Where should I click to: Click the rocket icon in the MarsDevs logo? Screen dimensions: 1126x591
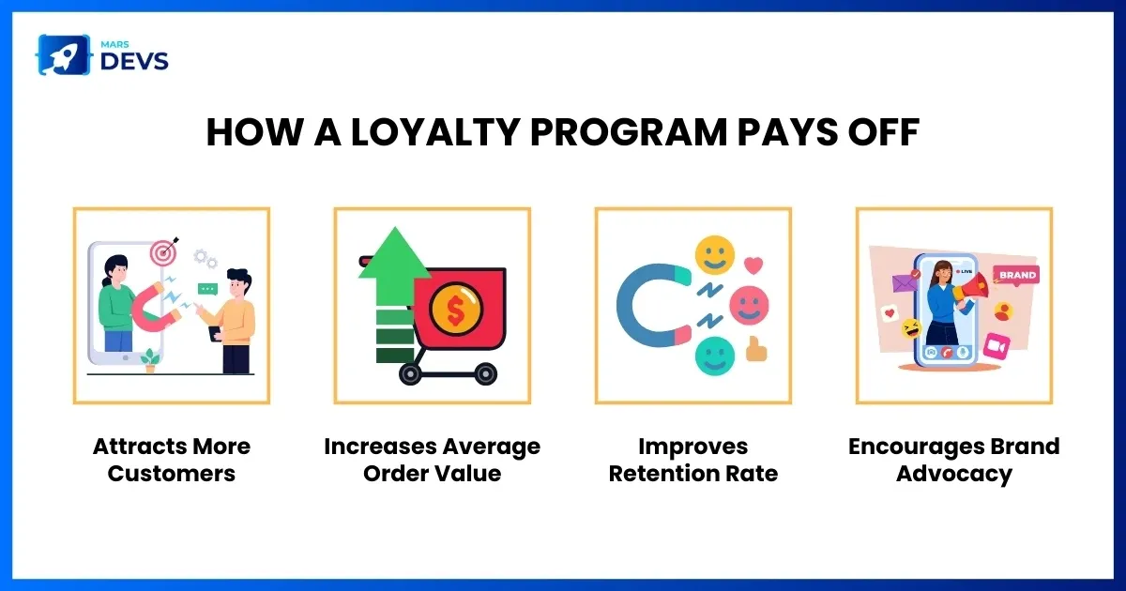pyautogui.click(x=64, y=54)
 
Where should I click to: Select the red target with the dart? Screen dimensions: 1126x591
pyautogui.click(x=164, y=251)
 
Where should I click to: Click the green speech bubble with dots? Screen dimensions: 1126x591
pyautogui.click(x=207, y=290)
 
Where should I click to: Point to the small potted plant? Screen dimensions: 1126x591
pyautogui.click(x=150, y=361)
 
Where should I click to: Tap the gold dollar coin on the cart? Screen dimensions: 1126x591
pyautogui.click(x=456, y=309)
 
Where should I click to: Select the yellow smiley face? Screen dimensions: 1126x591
pyautogui.click(x=714, y=255)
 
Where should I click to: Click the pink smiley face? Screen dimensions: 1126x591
pyautogui.click(x=749, y=306)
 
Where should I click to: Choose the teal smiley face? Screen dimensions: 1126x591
pyautogui.click(x=714, y=356)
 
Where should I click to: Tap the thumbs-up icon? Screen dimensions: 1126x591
pyautogui.click(x=756, y=349)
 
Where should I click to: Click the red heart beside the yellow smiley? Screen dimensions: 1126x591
pyautogui.click(x=753, y=265)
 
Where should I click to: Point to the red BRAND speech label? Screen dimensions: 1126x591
pyautogui.click(x=1016, y=276)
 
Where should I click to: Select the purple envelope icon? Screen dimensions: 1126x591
pyautogui.click(x=905, y=281)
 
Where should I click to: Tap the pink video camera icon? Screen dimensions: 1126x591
pyautogui.click(x=997, y=346)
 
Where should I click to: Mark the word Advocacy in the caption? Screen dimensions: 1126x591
pyautogui.click(x=954, y=475)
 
